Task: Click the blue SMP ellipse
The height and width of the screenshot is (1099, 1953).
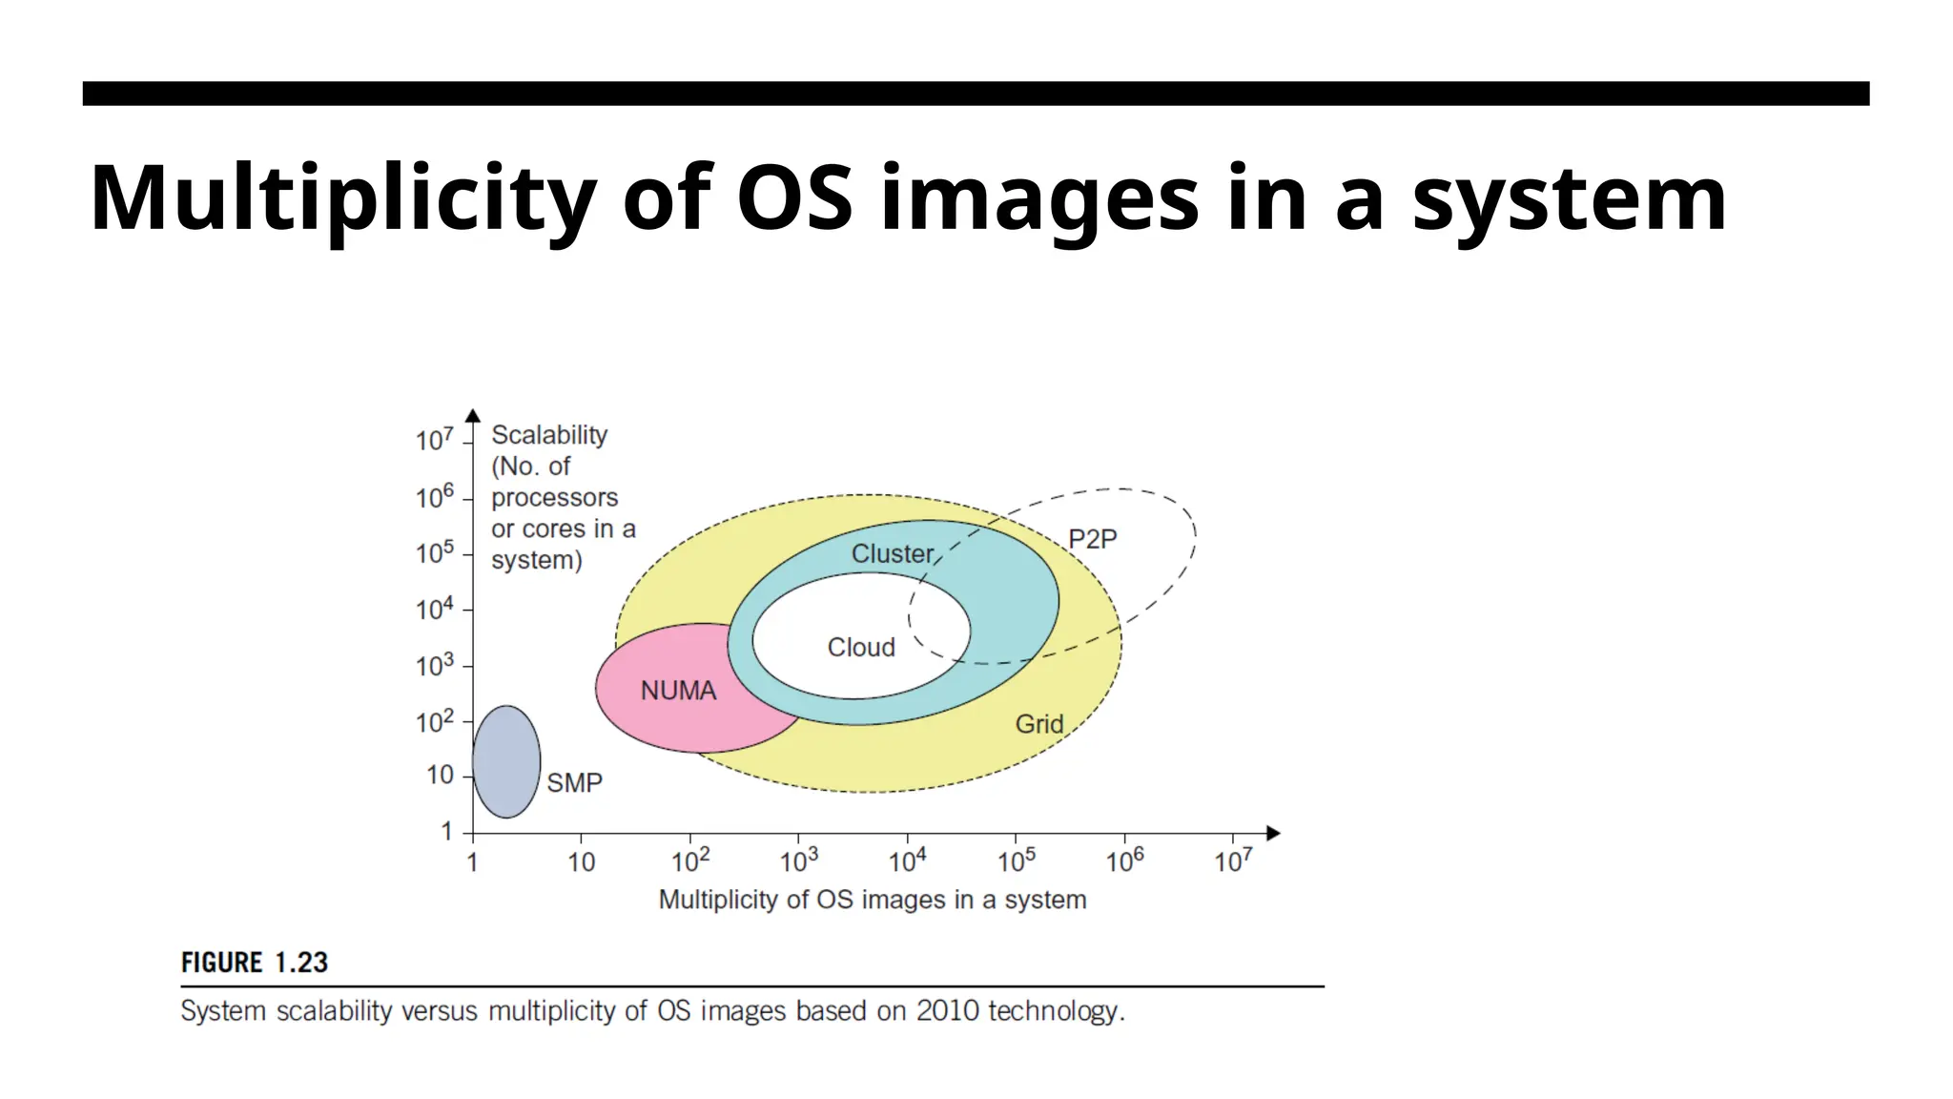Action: click(506, 761)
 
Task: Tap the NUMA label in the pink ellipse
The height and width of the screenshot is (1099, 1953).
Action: click(678, 691)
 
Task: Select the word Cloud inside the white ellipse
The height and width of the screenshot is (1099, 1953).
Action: click(861, 647)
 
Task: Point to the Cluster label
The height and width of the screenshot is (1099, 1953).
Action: click(893, 553)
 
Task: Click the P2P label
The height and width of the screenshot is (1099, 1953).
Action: click(1092, 539)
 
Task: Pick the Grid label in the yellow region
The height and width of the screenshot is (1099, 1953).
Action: click(1038, 724)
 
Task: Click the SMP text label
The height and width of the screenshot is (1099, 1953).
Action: click(574, 783)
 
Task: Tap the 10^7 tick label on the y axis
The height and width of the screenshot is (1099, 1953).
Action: click(435, 440)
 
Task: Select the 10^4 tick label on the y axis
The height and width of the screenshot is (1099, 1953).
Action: click(435, 609)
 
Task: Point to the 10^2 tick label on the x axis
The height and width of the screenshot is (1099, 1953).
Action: click(690, 861)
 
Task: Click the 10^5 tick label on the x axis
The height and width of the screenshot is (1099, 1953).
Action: click(1017, 861)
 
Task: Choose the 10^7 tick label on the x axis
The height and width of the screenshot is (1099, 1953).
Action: click(1233, 861)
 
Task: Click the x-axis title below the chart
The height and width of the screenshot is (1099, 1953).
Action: click(873, 900)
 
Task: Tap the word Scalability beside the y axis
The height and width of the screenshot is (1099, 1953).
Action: click(549, 435)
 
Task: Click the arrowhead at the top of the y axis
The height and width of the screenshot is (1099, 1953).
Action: click(473, 415)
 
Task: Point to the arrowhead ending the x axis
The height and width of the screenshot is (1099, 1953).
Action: click(1272, 834)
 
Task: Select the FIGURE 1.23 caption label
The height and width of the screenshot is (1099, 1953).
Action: click(255, 963)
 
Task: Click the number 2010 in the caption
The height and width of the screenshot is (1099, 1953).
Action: click(948, 1011)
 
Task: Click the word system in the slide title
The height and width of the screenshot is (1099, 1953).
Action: click(1570, 198)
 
